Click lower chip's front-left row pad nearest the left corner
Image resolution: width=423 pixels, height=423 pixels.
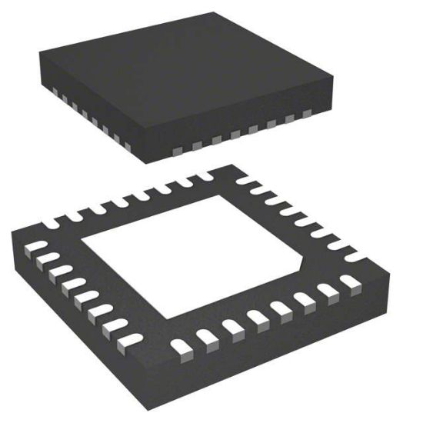click(x=35, y=248)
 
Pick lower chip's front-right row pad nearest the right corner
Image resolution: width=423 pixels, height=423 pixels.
click(x=353, y=285)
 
